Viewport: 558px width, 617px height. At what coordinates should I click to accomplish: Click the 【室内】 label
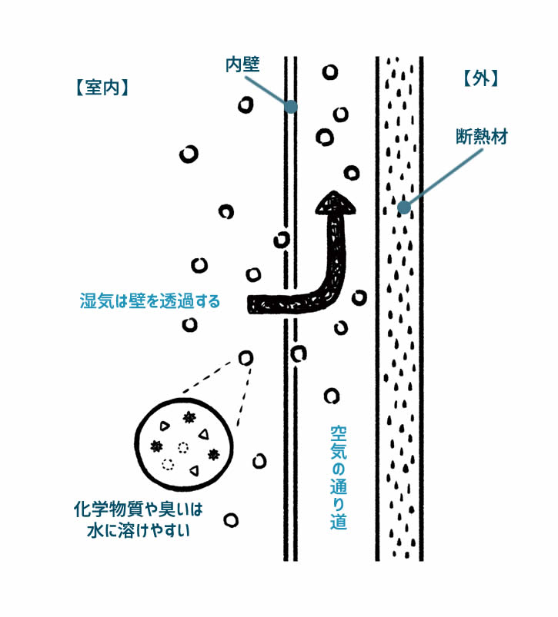[x=102, y=88]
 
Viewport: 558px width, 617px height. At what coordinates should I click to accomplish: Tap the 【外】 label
[x=482, y=78]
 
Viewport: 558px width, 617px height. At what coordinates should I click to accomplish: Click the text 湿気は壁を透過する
[x=150, y=300]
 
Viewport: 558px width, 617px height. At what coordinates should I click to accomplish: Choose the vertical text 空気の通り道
[x=339, y=477]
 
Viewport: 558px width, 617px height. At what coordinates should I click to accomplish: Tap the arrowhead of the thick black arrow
[x=335, y=203]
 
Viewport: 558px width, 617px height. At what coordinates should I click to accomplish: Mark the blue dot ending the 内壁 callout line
[x=290, y=107]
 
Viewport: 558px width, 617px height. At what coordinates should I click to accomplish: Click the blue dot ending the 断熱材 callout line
[x=402, y=206]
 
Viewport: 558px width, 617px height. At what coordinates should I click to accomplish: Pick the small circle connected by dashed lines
[x=246, y=357]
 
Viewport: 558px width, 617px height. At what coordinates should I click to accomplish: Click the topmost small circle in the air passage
[x=329, y=72]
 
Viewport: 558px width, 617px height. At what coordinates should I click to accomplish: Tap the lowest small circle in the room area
[x=229, y=520]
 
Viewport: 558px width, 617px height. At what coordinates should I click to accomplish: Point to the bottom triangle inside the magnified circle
[x=193, y=469]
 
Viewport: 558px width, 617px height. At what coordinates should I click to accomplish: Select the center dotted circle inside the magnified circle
[x=182, y=447]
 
